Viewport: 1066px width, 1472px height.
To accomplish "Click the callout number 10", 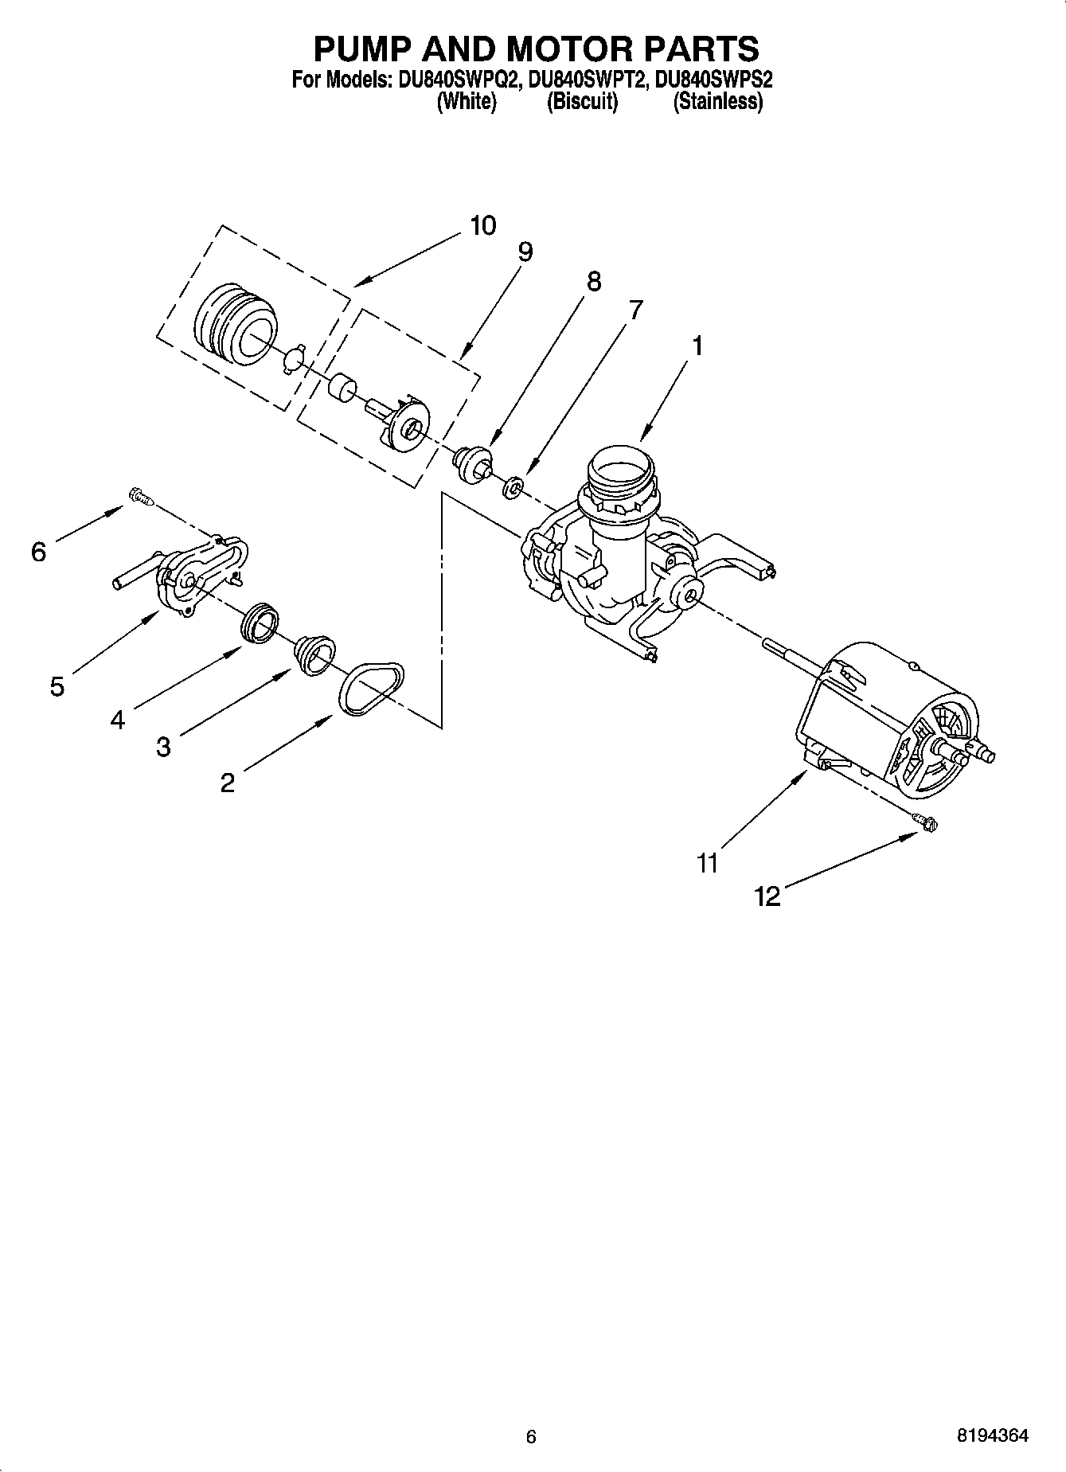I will coord(482,225).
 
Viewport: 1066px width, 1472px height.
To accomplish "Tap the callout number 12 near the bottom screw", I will coord(767,897).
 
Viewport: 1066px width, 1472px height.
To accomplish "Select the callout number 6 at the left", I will coord(39,551).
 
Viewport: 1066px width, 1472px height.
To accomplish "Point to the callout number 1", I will coord(697,346).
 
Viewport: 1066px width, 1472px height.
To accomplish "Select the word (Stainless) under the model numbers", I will coord(718,102).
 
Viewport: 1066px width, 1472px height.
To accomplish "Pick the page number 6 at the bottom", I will coord(531,1437).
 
